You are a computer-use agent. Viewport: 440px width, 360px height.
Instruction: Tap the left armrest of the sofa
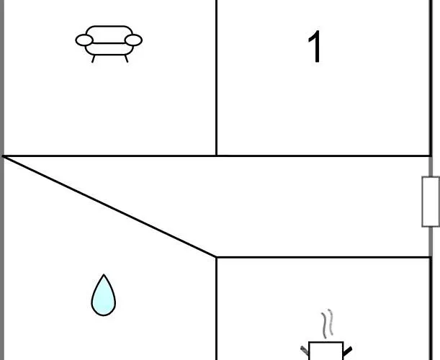(x=84, y=40)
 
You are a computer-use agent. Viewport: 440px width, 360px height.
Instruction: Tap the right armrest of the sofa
(x=133, y=40)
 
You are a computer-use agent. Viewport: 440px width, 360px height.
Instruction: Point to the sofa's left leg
(x=94, y=58)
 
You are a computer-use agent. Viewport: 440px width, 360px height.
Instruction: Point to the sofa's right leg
(x=125, y=58)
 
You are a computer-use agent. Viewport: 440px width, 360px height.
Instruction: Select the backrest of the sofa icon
(x=109, y=32)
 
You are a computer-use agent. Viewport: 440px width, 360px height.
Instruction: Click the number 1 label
(x=315, y=48)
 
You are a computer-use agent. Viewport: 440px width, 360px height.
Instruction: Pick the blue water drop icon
(x=103, y=297)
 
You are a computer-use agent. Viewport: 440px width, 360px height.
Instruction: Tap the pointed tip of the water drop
(x=104, y=276)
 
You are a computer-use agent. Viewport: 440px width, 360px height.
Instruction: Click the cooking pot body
(x=326, y=351)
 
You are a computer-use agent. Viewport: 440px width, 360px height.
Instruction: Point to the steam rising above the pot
(x=328, y=324)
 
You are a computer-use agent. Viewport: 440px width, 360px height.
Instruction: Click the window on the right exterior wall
(x=431, y=202)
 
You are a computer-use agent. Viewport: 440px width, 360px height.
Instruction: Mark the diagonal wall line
(x=108, y=205)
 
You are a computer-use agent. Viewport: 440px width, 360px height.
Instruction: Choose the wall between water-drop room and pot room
(x=217, y=310)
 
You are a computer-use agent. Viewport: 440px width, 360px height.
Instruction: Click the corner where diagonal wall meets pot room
(x=217, y=256)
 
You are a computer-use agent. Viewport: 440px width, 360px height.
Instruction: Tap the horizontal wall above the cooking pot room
(x=324, y=256)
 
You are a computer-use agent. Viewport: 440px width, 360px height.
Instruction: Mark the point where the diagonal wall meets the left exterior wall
(x=4, y=156)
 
